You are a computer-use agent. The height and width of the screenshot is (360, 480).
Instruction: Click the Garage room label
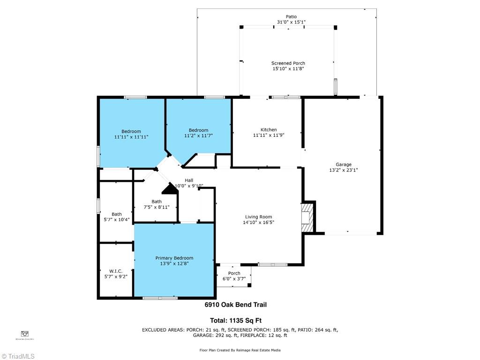tap(343, 165)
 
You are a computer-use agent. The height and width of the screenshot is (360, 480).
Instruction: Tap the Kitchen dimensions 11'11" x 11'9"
tap(269, 135)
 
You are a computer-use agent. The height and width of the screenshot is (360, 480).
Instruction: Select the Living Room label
tap(258, 217)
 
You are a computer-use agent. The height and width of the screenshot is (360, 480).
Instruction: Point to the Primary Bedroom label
tap(174, 258)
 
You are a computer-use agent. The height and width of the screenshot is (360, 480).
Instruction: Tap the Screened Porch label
tap(288, 63)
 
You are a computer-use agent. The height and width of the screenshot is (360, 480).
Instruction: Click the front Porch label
tap(234, 273)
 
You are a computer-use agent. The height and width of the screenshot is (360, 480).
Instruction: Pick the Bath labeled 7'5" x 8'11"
tap(156, 202)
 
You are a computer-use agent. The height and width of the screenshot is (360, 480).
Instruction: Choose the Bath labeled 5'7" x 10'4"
tap(116, 214)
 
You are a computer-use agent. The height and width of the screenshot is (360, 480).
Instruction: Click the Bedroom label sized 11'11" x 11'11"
tap(131, 132)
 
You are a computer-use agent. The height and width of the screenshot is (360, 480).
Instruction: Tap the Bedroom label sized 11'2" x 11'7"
tap(198, 130)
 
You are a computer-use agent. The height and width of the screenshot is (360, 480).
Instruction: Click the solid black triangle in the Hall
tap(169, 188)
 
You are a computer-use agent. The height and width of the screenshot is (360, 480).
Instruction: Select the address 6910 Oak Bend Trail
tap(235, 305)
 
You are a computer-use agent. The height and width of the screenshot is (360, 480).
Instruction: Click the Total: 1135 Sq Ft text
tap(235, 321)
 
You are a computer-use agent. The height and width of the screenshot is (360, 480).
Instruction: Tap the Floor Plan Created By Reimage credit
tap(240, 350)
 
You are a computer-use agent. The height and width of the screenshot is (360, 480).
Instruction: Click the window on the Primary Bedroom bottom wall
tap(160, 298)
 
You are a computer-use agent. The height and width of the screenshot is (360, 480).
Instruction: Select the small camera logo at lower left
tap(25, 333)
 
